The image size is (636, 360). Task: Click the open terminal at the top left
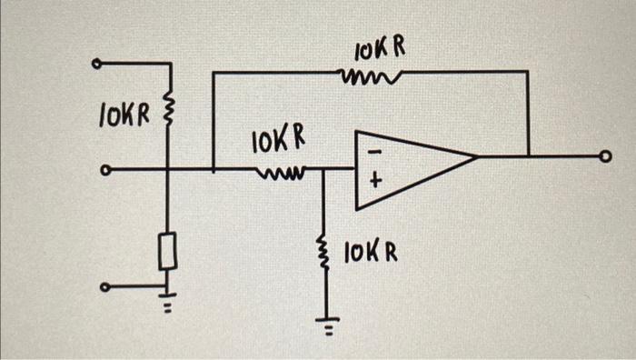[96, 64]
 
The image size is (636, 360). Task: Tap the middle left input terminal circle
[104, 169]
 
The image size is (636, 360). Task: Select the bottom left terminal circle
[104, 288]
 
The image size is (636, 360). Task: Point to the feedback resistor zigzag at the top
[363, 78]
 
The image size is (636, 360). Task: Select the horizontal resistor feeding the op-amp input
[283, 169]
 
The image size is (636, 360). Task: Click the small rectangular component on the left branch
[167, 251]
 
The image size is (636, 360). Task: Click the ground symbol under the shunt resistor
[324, 325]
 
